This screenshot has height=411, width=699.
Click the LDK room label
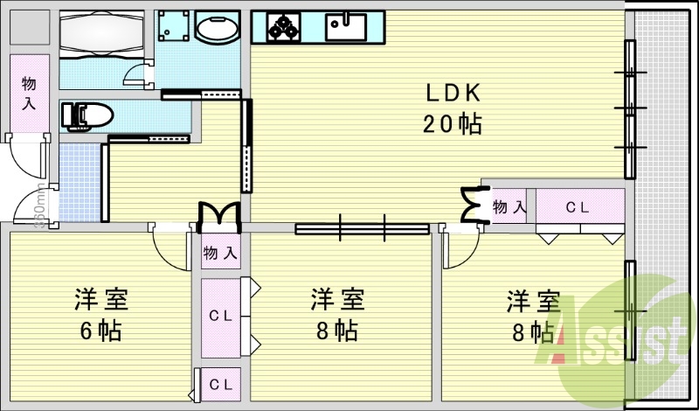pyautogui.click(x=453, y=93)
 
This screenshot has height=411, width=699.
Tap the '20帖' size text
pyautogui.click(x=453, y=124)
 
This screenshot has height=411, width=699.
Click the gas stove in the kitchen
pyautogui.click(x=283, y=27)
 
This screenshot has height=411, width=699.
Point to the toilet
pyautogui.click(x=87, y=115)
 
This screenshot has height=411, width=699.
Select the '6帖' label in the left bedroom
pyautogui.click(x=100, y=331)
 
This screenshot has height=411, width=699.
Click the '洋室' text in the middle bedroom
pyautogui.click(x=336, y=301)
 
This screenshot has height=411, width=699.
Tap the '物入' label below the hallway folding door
pyautogui.click(x=219, y=254)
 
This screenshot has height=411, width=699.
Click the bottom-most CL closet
pyautogui.click(x=220, y=384)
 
